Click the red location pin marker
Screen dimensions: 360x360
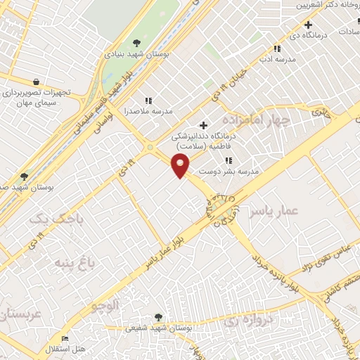pyautogui.click(x=181, y=166)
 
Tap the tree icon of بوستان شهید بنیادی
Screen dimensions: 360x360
pyautogui.click(x=136, y=44)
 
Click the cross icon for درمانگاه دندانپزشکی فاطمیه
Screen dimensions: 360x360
pyautogui.click(x=203, y=125)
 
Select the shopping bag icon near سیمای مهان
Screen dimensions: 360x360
pyautogui.click(x=36, y=82)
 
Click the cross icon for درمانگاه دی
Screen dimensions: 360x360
pyautogui.click(x=308, y=25)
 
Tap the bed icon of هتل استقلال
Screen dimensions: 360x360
pyautogui.click(x=65, y=339)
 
